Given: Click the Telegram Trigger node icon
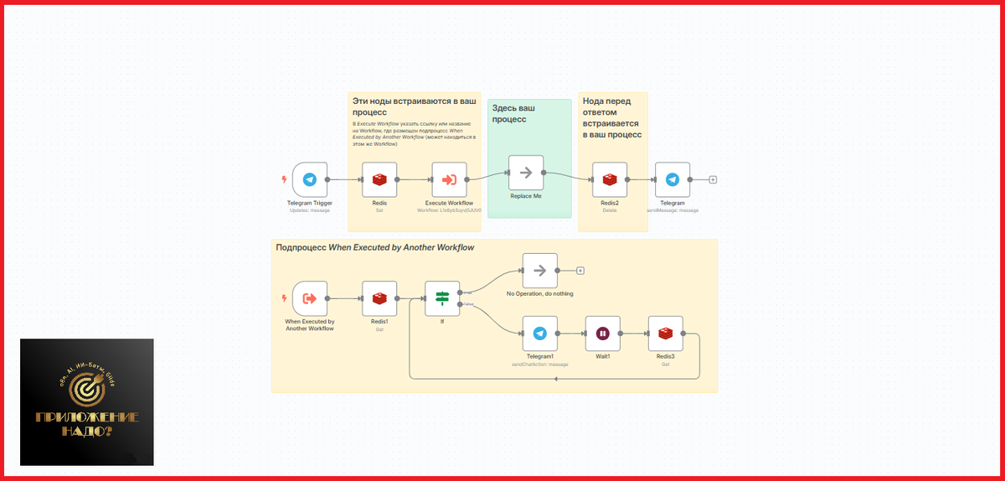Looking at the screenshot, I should tap(309, 179).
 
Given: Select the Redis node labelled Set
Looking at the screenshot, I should tap(379, 179).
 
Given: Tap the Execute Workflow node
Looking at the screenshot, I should tap(449, 179).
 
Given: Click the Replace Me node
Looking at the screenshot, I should tap(526, 173).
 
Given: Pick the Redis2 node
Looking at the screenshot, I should tap(609, 179).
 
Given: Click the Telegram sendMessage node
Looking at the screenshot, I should tap(672, 179).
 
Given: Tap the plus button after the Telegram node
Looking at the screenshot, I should tap(713, 179).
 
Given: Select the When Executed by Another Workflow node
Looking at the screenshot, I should tap(309, 297).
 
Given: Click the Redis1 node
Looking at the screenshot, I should tap(379, 297).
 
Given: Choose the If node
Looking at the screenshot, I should tap(442, 297).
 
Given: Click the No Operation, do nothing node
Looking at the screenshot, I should tap(539, 270).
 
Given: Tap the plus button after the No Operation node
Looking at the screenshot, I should tap(580, 270).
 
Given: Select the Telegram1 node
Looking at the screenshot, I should tap(539, 334).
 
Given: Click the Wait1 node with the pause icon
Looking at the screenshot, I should tap(602, 334).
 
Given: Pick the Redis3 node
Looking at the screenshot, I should tap(665, 334).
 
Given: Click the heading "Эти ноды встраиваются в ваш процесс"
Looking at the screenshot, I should tap(414, 106).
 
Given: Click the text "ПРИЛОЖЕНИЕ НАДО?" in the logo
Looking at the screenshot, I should tap(87, 424).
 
